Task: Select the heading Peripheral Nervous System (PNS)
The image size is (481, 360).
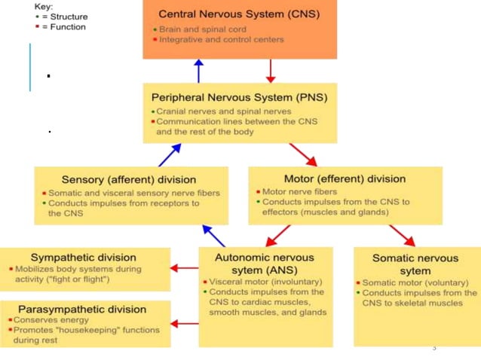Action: (x=239, y=97)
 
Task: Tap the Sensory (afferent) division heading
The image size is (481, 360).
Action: (x=129, y=179)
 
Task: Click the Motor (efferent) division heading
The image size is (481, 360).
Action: (x=345, y=178)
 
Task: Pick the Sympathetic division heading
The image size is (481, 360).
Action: (x=84, y=258)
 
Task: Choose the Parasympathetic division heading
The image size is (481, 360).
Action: (x=83, y=309)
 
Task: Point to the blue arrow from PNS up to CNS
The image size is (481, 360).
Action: (x=198, y=72)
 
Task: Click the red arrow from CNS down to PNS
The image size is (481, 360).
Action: (x=271, y=72)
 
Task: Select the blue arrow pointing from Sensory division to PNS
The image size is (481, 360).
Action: (x=170, y=155)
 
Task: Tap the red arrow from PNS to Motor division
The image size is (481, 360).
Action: (x=303, y=155)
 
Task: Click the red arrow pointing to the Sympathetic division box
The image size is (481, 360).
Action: (x=185, y=267)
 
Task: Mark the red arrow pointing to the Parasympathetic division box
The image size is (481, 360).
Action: (x=185, y=324)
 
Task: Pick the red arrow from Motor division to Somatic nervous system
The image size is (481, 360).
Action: (x=400, y=236)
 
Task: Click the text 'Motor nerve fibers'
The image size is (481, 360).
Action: (x=302, y=191)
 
